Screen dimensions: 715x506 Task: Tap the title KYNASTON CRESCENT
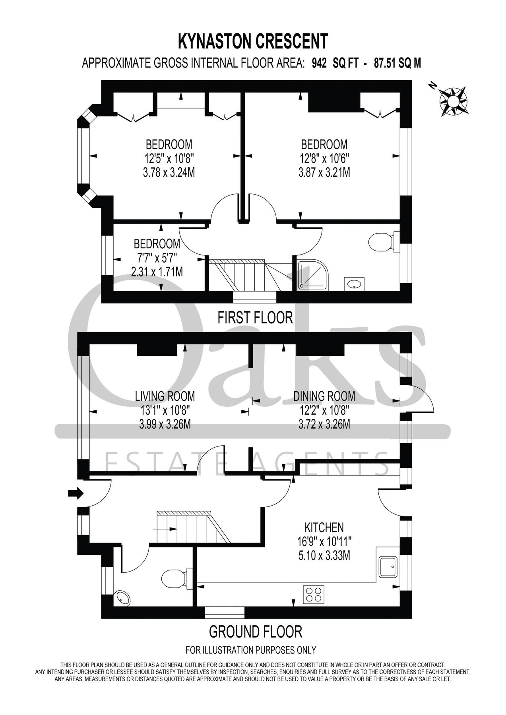[x=253, y=41]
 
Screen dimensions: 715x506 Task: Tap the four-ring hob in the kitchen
[x=314, y=595]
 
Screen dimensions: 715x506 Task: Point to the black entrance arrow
[x=76, y=493]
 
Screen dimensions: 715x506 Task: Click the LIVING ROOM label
[x=165, y=396]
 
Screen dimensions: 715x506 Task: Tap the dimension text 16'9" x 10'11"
[x=324, y=541]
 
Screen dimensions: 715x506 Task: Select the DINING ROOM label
[x=324, y=396]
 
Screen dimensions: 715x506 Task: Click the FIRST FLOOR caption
[x=255, y=318]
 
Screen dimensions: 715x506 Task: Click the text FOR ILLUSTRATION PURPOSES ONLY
[x=251, y=650]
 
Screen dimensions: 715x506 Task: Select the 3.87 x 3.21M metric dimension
[x=324, y=173]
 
